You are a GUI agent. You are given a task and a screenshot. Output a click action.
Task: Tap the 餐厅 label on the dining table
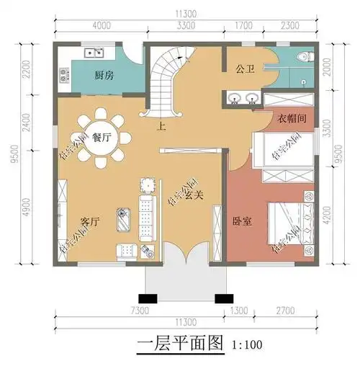click(x=102, y=140)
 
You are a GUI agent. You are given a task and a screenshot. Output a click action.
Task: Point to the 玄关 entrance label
click(x=192, y=195)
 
